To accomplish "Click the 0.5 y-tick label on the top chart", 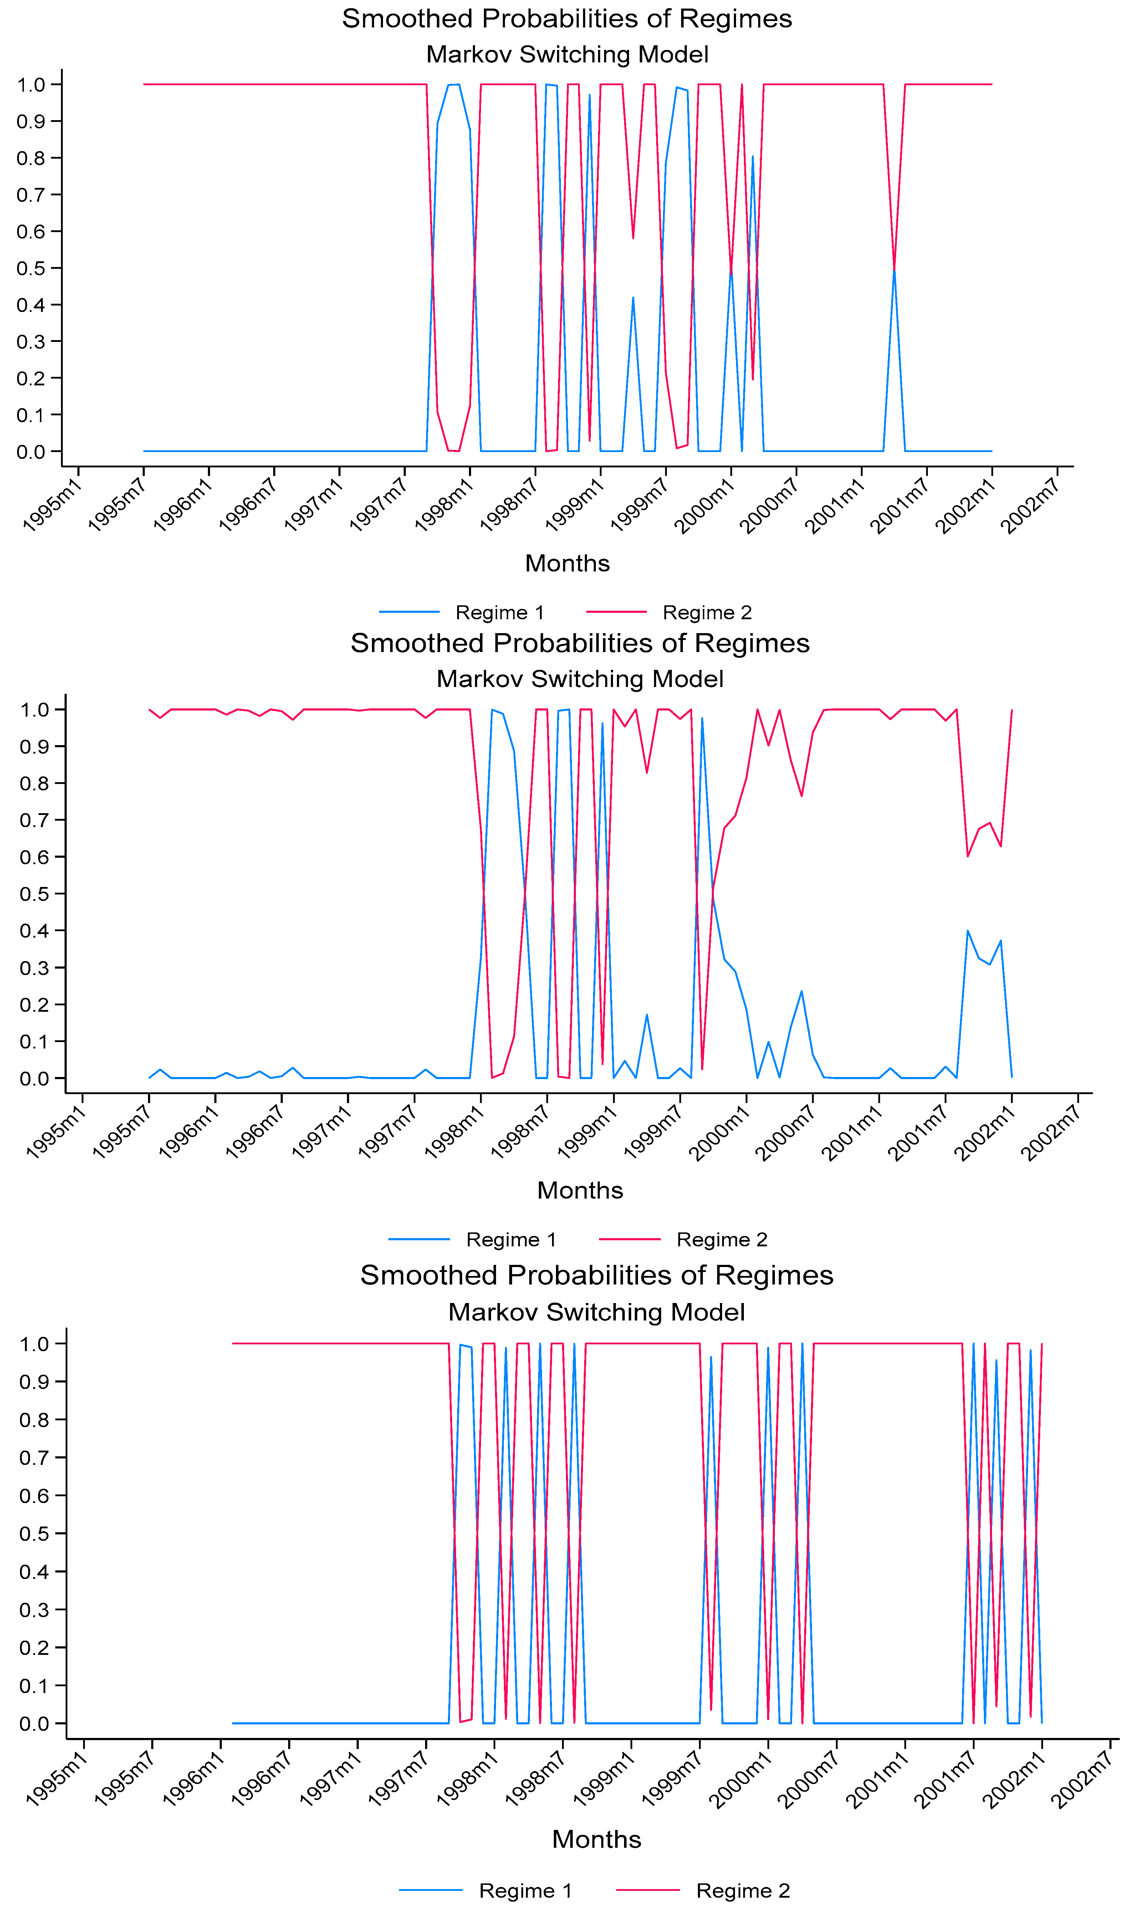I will (x=31, y=268).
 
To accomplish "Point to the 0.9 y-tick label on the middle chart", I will (x=34, y=746).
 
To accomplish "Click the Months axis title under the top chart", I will (x=567, y=563).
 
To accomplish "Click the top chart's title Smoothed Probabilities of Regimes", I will (x=567, y=18).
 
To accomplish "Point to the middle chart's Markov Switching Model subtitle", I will (x=580, y=679).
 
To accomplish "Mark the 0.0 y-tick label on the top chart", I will (x=31, y=451).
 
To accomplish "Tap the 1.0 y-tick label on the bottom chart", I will (x=34, y=1344).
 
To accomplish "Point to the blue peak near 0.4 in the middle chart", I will (x=967, y=930).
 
